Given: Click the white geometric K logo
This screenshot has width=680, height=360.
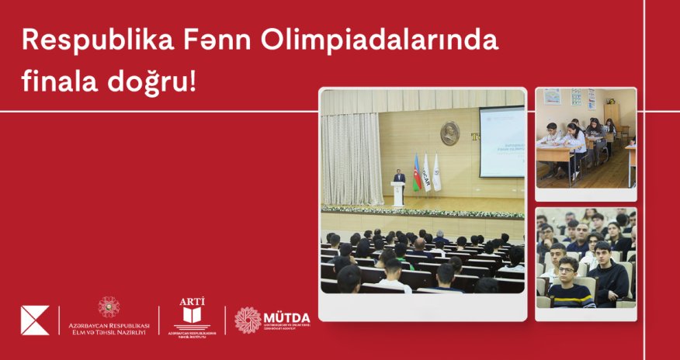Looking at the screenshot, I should click(x=35, y=320).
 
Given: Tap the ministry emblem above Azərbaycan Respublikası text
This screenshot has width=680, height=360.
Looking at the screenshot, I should click(x=109, y=307).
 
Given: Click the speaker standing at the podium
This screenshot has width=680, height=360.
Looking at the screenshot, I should click(x=399, y=179).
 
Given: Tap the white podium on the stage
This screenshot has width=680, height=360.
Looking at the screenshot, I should click(x=398, y=195).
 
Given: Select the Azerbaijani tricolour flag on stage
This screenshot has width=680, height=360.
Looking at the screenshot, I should click(x=416, y=172).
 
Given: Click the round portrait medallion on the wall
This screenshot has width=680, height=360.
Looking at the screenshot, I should click(x=450, y=133).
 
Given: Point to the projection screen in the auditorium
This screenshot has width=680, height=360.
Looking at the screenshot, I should click(x=501, y=141).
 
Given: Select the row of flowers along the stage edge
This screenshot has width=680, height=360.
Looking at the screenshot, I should click(x=423, y=212).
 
